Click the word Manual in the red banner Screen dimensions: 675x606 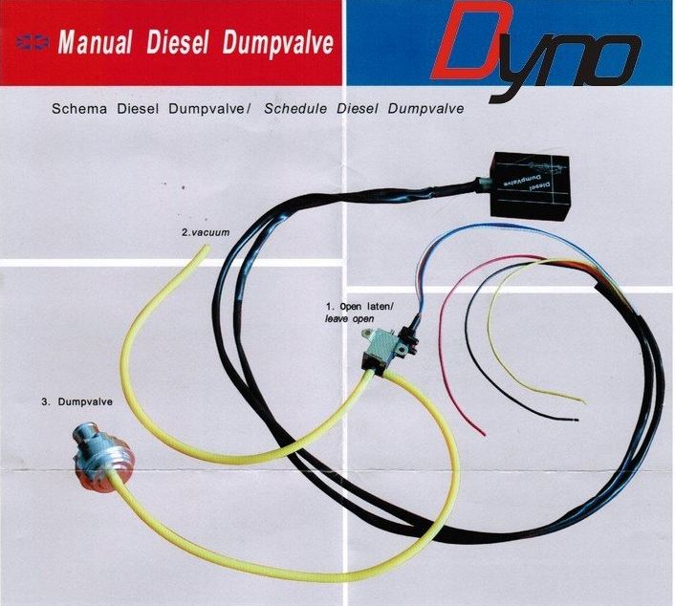[95, 42]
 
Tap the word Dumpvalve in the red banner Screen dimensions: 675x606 [278, 43]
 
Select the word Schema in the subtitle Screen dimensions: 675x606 [79, 108]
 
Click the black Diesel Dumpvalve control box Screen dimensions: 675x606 [531, 185]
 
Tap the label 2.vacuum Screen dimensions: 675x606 [206, 232]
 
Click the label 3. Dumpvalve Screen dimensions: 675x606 [77, 401]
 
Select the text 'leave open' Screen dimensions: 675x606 [349, 319]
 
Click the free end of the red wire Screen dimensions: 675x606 [485, 434]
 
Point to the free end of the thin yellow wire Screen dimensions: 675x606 [584, 402]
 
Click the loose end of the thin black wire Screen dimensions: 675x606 [577, 420]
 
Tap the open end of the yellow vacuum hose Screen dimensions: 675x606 [207, 247]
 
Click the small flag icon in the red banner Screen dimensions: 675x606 [33, 42]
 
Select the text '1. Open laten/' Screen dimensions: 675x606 [359, 307]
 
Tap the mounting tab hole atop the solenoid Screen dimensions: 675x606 [369, 332]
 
